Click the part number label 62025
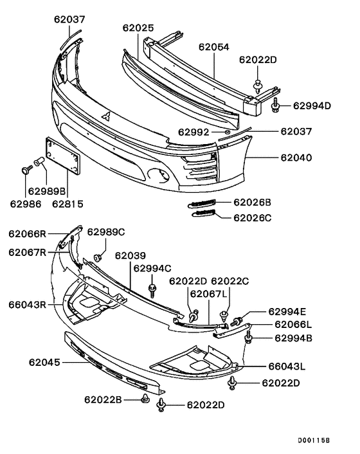point(138,28)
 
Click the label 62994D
point(311,105)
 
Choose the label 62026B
point(251,202)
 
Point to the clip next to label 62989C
point(98,257)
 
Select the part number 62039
point(130,256)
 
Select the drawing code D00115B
point(313,441)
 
